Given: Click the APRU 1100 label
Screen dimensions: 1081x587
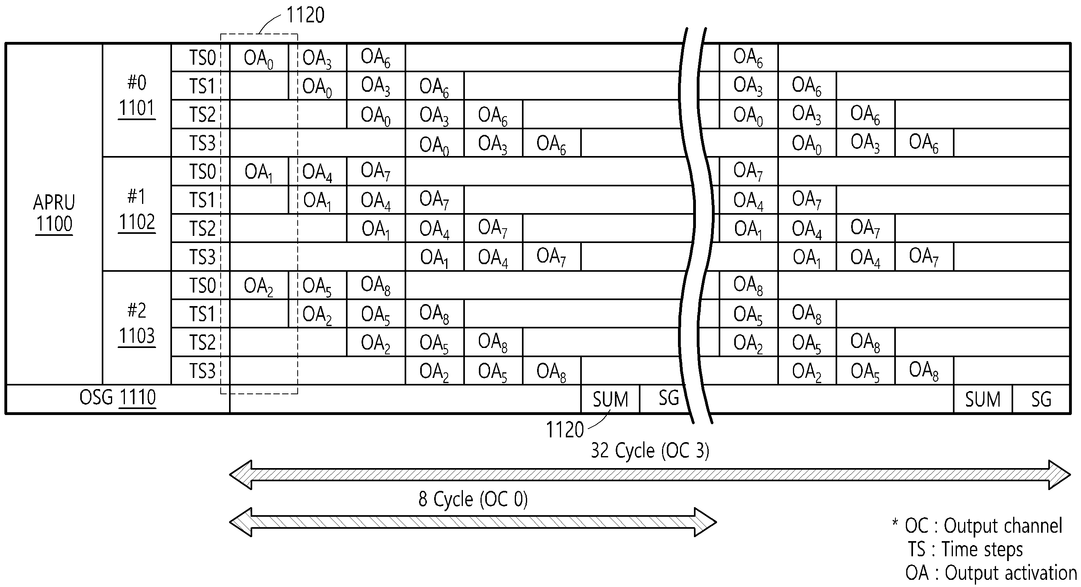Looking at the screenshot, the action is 54,213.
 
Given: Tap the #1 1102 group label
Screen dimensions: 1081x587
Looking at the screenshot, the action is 137,210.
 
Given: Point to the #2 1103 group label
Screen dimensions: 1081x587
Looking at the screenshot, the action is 137,324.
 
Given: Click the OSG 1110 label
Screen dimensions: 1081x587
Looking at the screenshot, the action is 118,398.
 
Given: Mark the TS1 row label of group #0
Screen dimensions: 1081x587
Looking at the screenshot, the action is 202,86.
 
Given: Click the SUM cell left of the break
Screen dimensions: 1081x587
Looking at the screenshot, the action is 610,399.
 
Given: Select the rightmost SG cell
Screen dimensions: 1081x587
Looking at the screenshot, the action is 1041,399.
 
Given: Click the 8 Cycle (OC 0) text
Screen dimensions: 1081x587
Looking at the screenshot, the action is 473,499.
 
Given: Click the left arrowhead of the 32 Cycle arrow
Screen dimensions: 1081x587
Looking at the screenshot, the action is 241,474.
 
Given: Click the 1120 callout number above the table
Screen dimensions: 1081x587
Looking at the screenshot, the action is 306,15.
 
